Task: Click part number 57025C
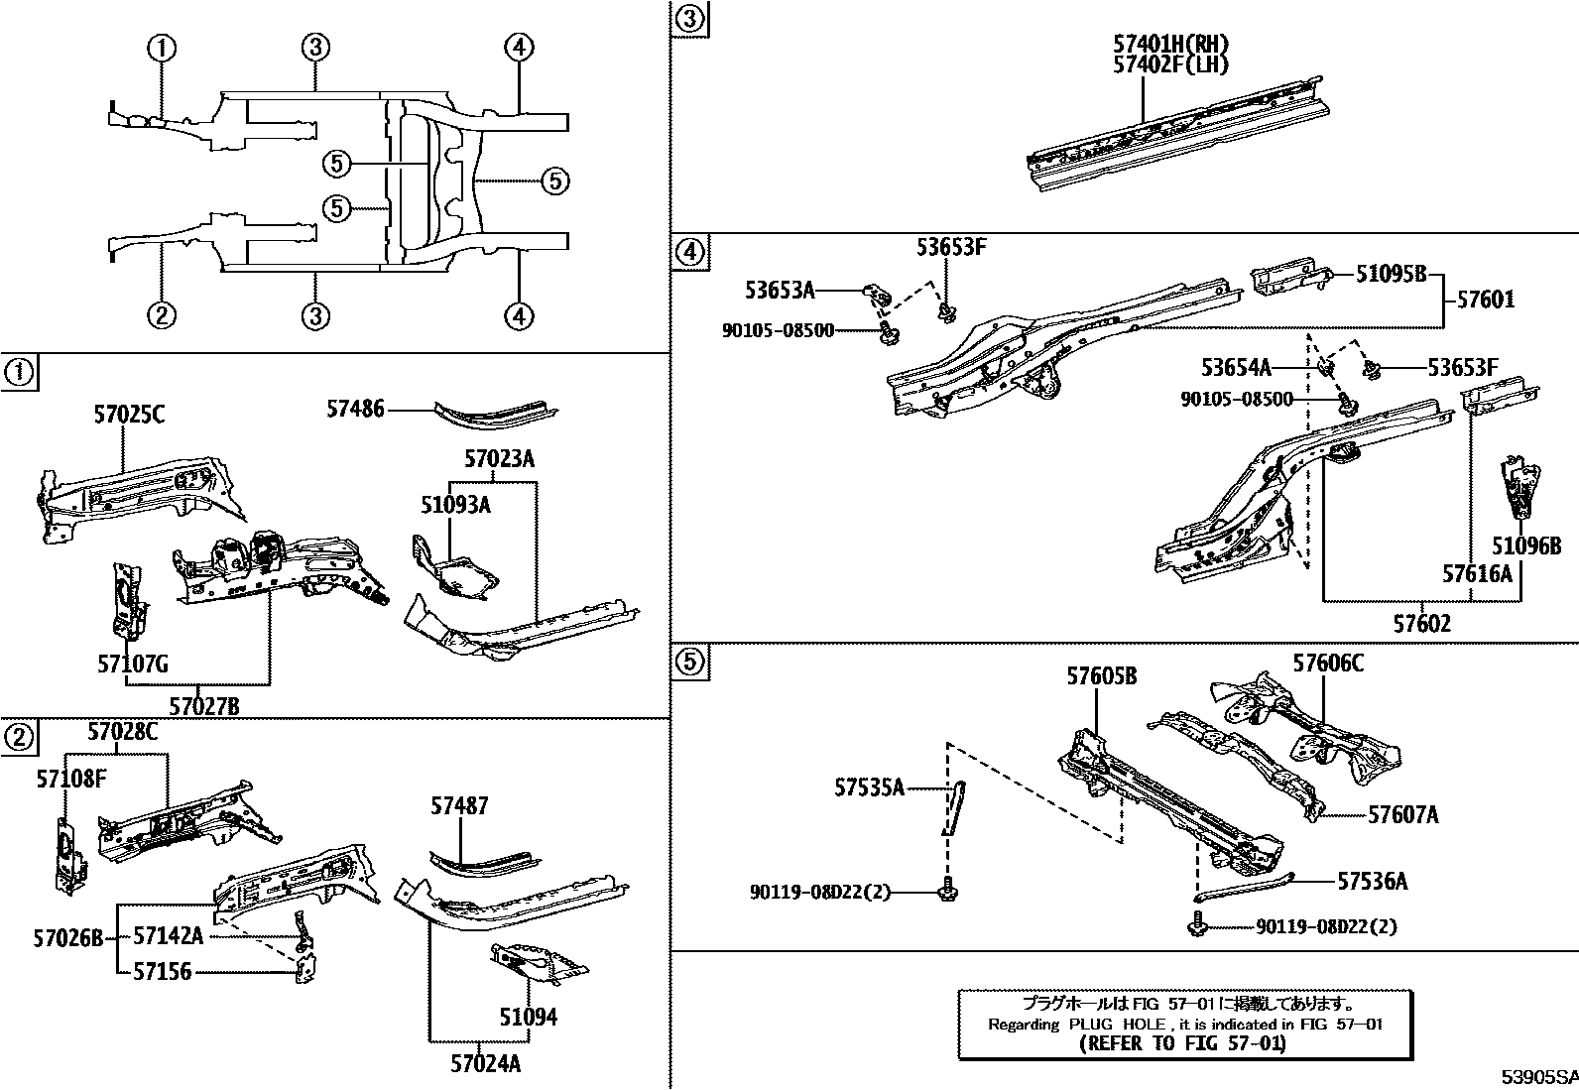129,415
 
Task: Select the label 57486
355,407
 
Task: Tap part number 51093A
455,506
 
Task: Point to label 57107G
133,664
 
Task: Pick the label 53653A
780,290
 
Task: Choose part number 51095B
1390,274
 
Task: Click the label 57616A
1477,573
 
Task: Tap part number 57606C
1327,663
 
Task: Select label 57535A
870,787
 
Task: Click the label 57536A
1372,881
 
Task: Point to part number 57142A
169,935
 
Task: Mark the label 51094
528,1017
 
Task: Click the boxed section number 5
691,662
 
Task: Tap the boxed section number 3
691,19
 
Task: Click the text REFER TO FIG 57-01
1182,1042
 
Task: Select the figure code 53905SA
1537,1077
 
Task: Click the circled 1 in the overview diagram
163,47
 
